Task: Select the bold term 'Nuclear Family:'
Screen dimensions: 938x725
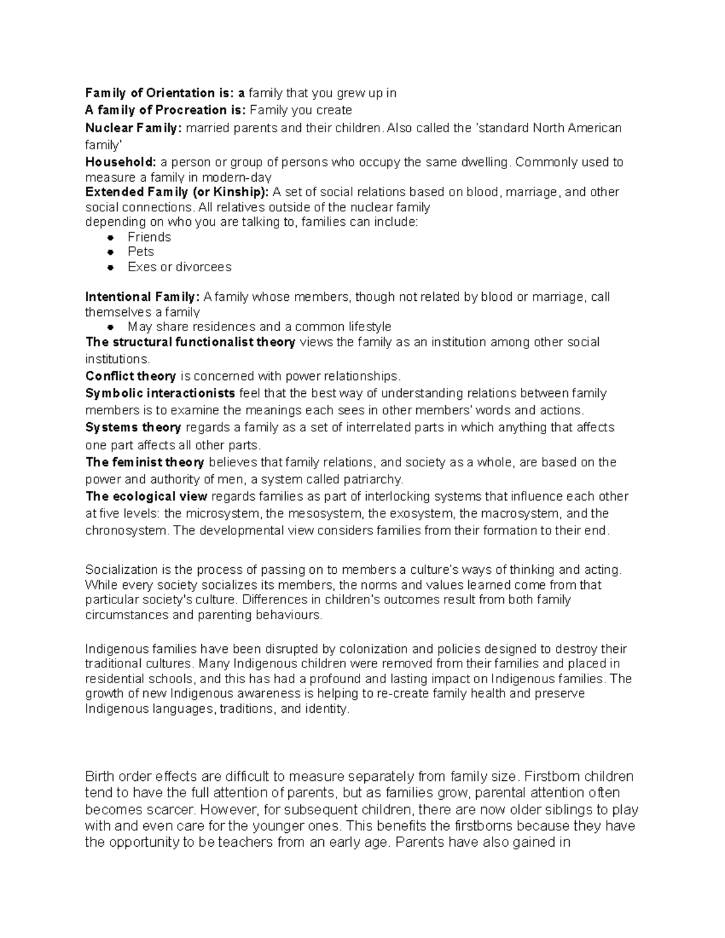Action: (x=133, y=128)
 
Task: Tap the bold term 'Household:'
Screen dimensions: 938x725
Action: (x=121, y=162)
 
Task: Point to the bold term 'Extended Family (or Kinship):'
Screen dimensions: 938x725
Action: (x=177, y=192)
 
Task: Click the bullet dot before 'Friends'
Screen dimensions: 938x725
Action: (x=110, y=237)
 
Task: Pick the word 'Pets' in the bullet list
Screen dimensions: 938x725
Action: (x=141, y=252)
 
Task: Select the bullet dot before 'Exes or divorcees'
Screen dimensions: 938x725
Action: (x=110, y=267)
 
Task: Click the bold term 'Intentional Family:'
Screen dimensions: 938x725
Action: (x=142, y=297)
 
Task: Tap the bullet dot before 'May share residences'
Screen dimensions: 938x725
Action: (x=110, y=327)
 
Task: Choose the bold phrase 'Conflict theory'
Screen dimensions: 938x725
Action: (x=130, y=376)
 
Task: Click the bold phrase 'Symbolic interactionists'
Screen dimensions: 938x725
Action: (x=160, y=393)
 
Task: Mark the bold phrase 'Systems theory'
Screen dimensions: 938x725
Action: (x=133, y=428)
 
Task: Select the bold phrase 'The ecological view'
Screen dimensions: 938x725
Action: (x=146, y=496)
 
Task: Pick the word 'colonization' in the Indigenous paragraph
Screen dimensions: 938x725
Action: (x=373, y=649)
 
